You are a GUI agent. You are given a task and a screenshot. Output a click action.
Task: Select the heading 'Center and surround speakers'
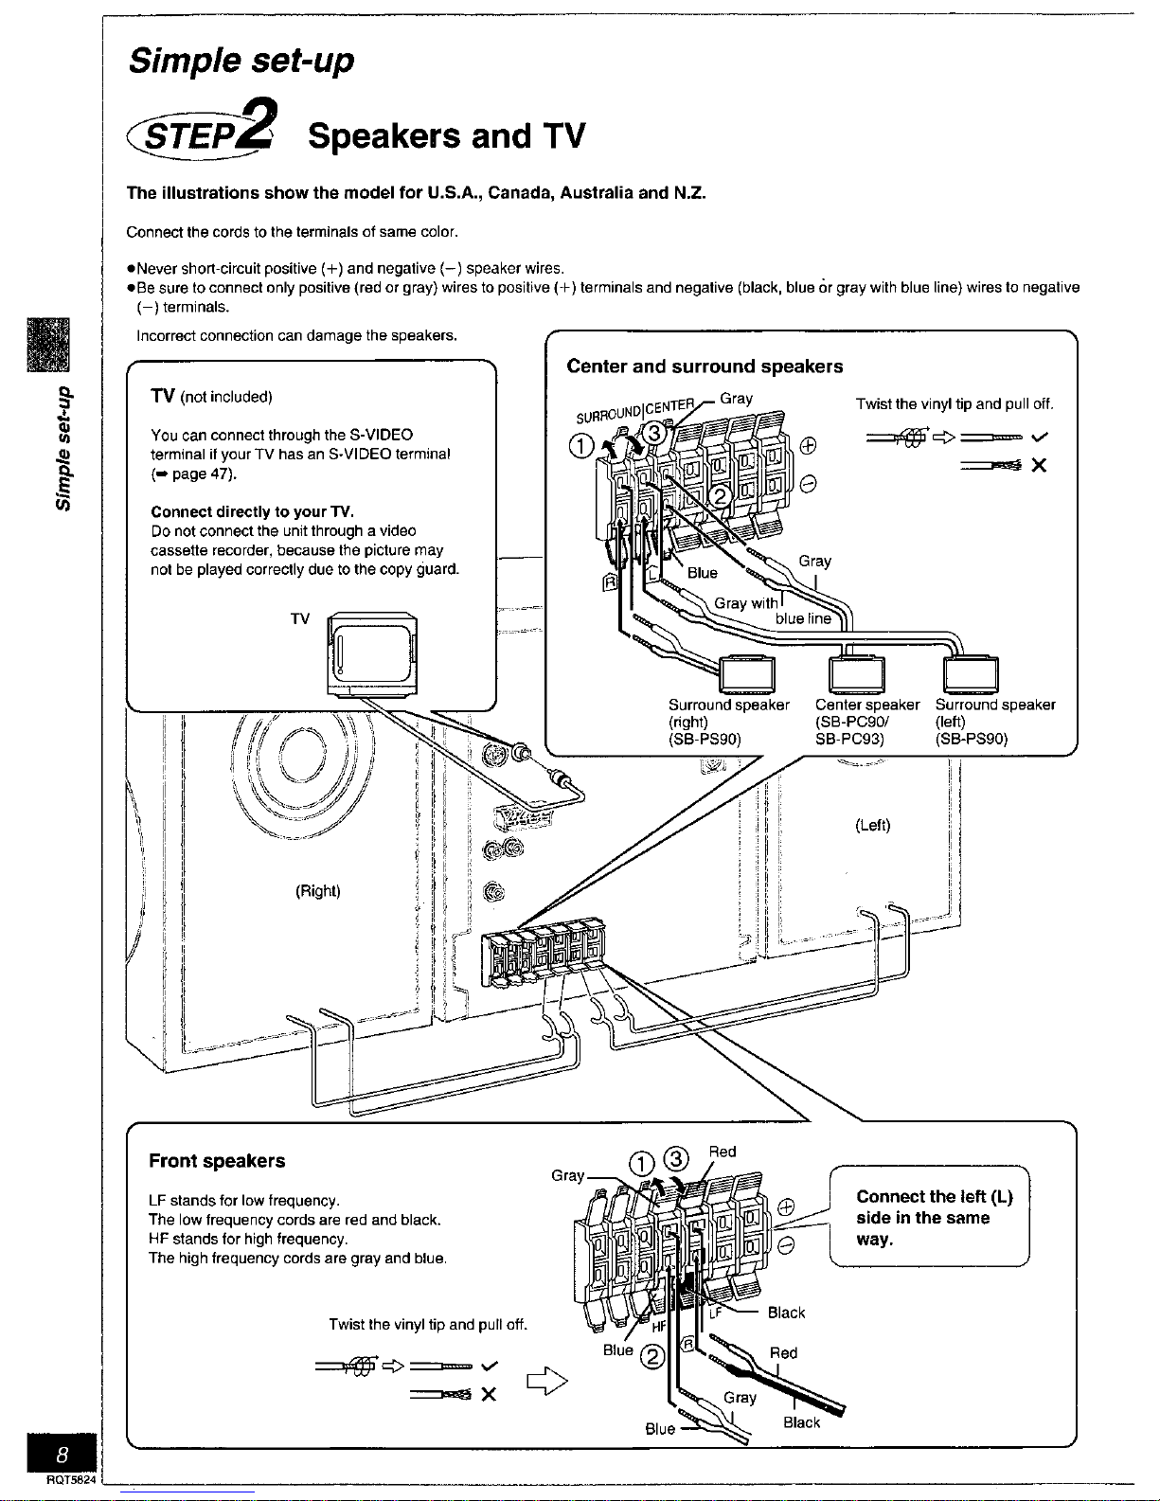(x=704, y=366)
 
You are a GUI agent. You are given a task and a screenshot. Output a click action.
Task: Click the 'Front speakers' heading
(x=217, y=1161)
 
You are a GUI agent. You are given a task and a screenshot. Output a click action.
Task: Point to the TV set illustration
(x=371, y=652)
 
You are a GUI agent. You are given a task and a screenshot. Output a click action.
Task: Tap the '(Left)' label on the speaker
(x=872, y=825)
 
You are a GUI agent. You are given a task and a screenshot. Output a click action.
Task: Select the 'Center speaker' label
(x=866, y=705)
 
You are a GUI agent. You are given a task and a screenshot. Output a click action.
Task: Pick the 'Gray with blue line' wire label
(x=772, y=611)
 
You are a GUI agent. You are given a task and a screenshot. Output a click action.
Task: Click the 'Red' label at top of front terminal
(x=723, y=1152)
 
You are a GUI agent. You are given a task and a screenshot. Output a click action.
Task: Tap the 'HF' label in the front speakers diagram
(x=659, y=1327)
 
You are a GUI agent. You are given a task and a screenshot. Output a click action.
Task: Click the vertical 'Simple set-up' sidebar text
(x=63, y=447)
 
